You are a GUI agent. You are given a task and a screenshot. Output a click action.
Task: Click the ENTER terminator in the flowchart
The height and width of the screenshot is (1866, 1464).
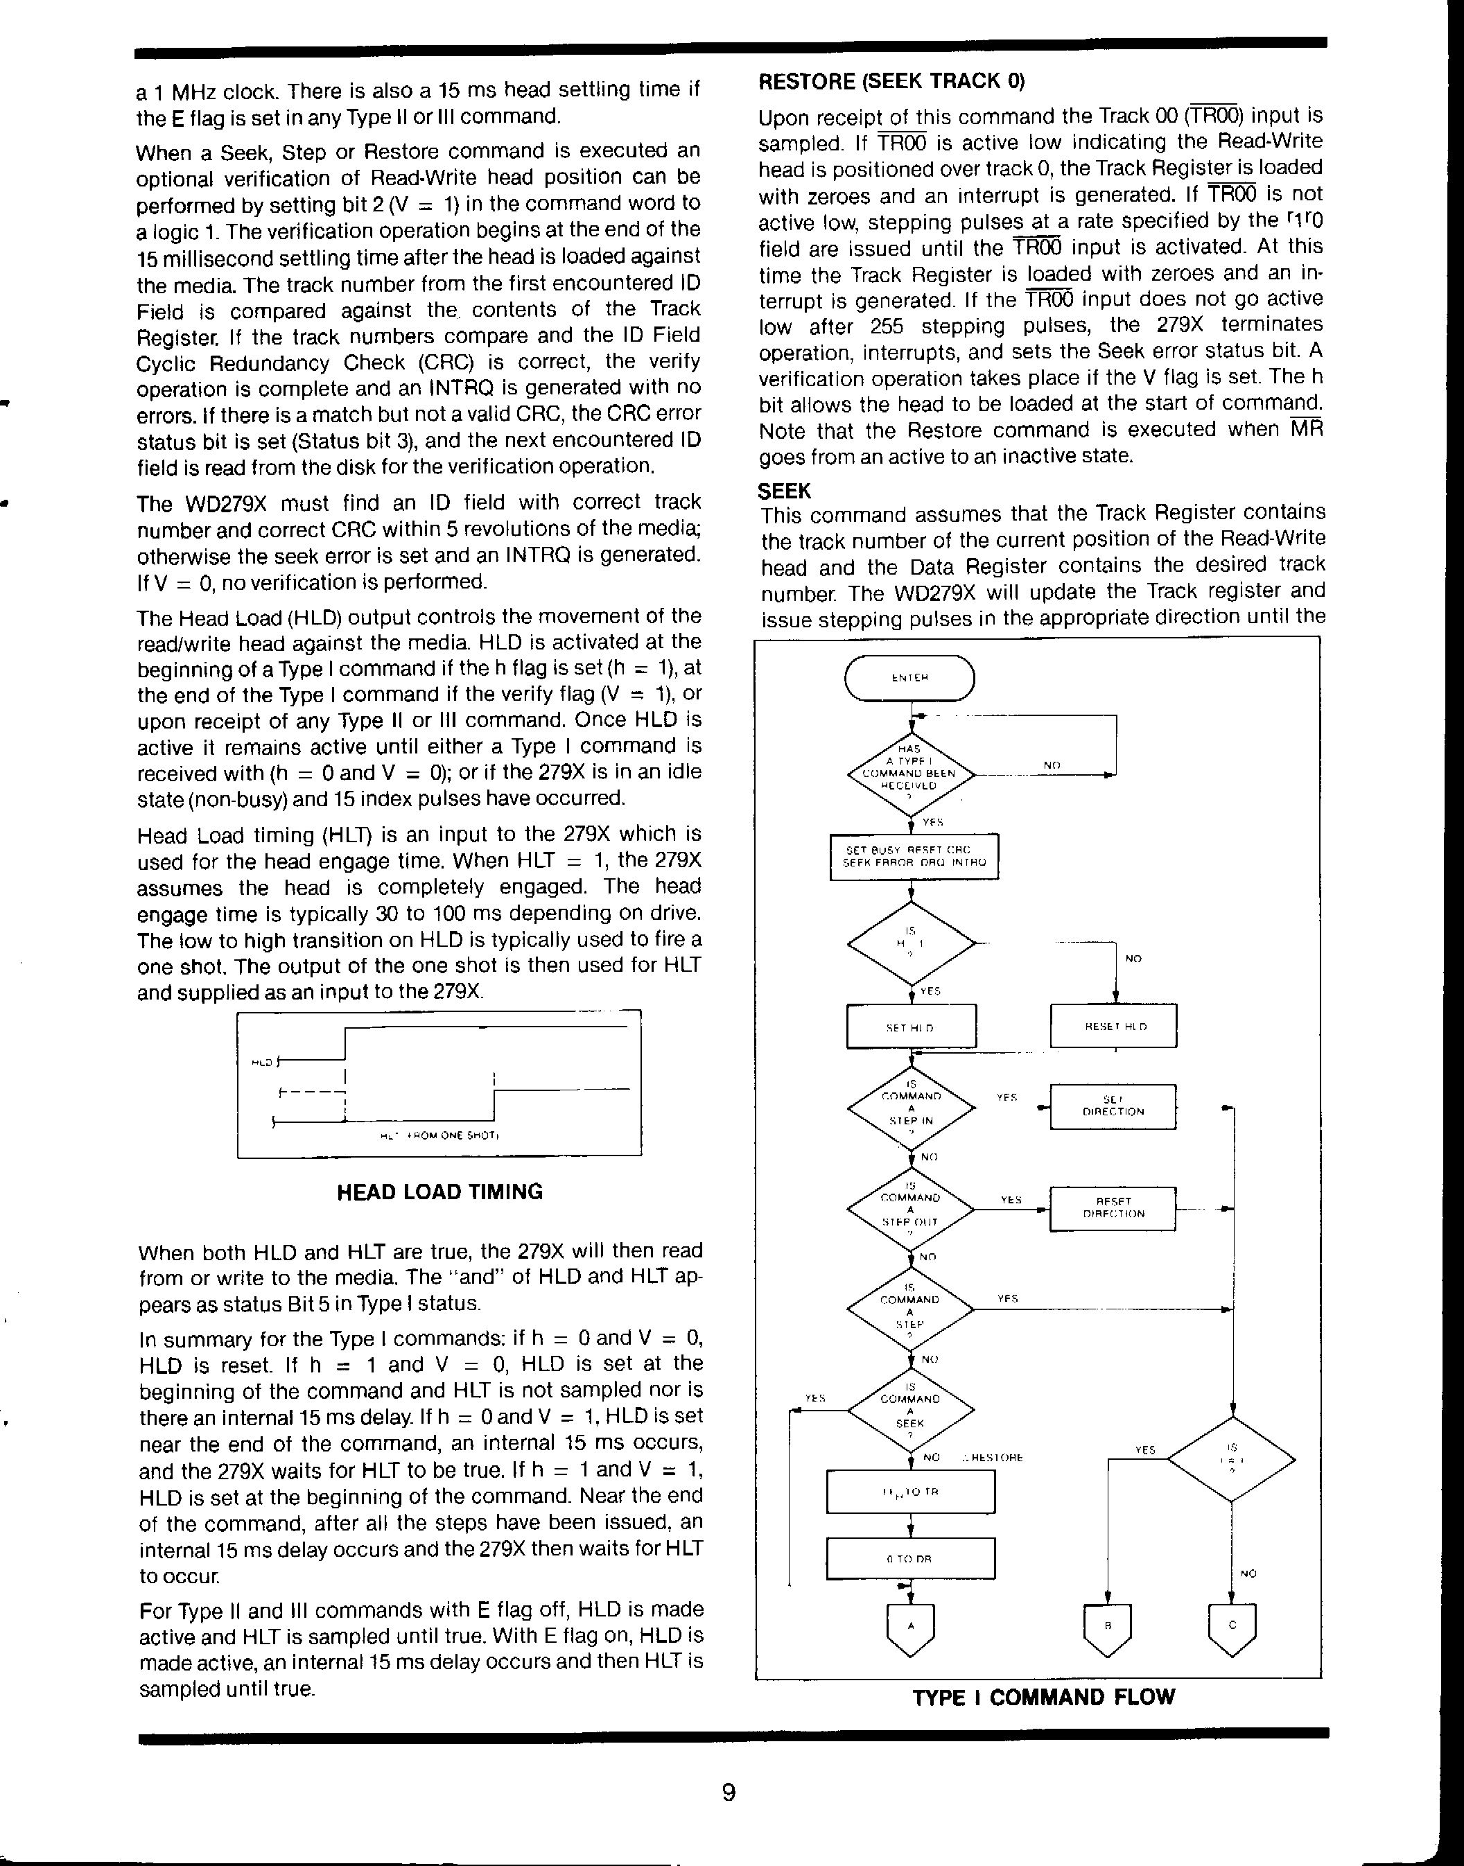click(x=909, y=678)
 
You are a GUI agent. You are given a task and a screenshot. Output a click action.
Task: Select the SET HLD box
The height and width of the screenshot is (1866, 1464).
click(x=911, y=1026)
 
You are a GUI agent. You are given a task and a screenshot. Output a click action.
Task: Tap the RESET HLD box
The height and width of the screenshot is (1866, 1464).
click(x=1113, y=1026)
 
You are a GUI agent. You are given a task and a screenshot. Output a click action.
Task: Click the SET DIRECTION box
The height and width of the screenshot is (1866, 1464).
click(x=1113, y=1106)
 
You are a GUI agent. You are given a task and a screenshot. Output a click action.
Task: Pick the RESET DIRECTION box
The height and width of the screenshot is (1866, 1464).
click(x=1113, y=1207)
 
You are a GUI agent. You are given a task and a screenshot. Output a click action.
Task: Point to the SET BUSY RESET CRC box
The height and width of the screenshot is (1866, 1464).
click(x=914, y=856)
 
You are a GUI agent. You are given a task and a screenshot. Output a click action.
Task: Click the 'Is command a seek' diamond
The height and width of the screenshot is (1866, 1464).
click(x=910, y=1410)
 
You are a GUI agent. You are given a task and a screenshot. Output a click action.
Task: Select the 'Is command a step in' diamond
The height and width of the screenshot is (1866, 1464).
click(x=910, y=1108)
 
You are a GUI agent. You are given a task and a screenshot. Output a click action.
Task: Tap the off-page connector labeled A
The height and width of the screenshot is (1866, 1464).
click(x=910, y=1628)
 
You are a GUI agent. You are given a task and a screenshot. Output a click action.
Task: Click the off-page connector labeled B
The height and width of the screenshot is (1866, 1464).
click(x=1108, y=1628)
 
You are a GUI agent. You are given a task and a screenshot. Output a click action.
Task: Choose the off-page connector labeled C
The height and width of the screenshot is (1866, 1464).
click(x=1232, y=1628)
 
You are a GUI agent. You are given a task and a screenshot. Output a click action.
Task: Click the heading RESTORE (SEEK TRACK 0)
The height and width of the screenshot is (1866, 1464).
click(x=891, y=81)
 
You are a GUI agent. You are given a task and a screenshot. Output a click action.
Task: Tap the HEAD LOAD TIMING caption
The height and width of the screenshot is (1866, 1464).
click(x=439, y=1192)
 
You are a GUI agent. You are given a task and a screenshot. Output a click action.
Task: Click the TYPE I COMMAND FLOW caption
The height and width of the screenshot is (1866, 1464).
click(x=1043, y=1697)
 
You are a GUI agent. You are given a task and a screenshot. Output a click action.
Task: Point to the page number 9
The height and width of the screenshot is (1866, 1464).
click(x=729, y=1793)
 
